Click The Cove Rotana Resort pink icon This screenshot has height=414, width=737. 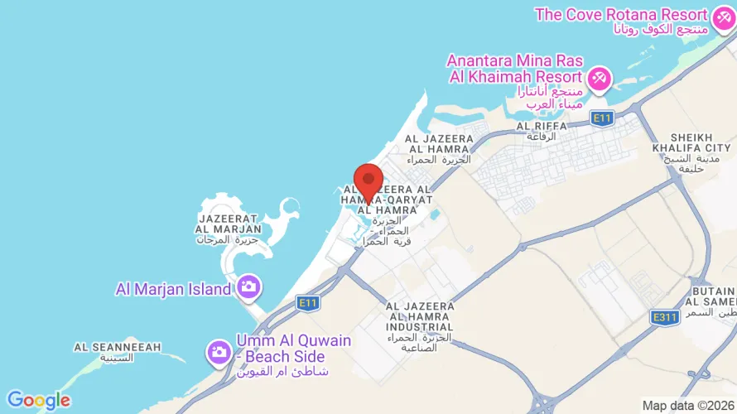[x=722, y=15]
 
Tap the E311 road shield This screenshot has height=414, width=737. [x=665, y=317]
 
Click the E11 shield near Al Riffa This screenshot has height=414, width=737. [x=601, y=119]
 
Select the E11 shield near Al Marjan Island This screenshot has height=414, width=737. [x=309, y=303]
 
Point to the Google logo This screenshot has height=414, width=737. [x=39, y=401]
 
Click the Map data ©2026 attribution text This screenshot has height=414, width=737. [x=687, y=405]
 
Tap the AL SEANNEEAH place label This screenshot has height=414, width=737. [x=117, y=347]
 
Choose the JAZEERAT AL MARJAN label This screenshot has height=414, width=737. [x=229, y=222]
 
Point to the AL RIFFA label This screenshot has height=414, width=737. [x=542, y=126]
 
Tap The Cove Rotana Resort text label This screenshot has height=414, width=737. [x=621, y=15]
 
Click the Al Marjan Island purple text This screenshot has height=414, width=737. [x=173, y=289]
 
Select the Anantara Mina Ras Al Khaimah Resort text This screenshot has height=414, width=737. [x=516, y=69]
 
